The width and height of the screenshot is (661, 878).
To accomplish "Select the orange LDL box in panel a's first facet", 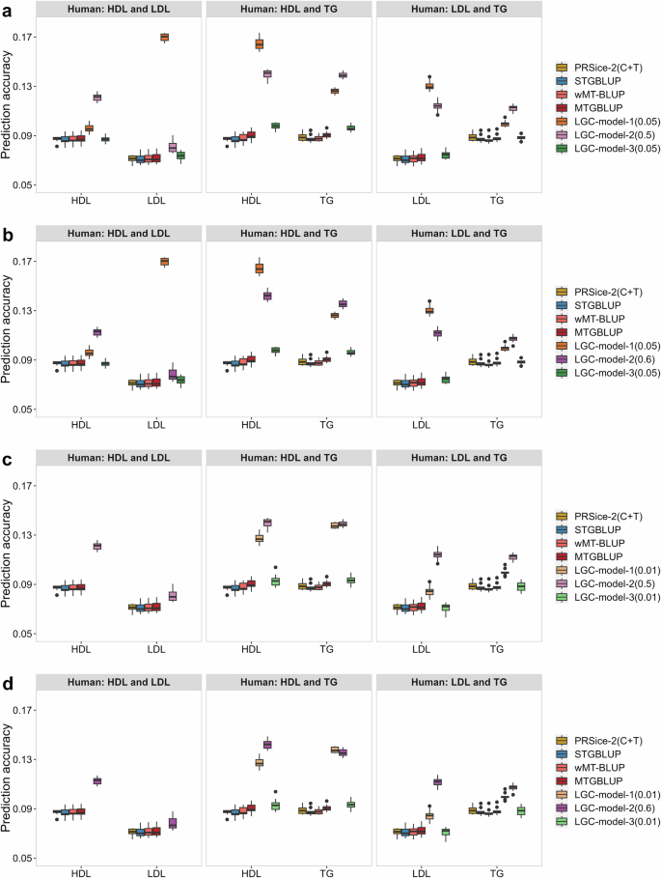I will coord(164,37).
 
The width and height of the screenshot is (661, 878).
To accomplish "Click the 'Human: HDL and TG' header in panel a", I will coord(288,11).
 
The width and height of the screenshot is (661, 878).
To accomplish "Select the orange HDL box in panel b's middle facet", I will coord(259,268).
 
